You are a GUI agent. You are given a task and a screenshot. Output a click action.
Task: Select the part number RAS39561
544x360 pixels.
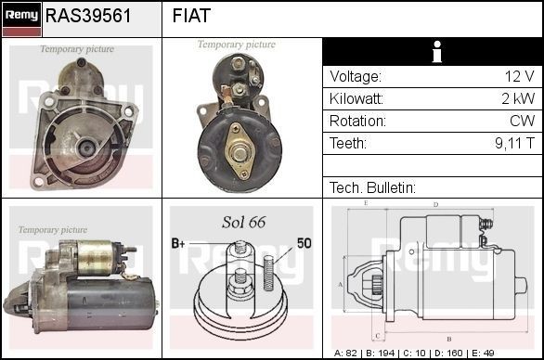[x=88, y=16]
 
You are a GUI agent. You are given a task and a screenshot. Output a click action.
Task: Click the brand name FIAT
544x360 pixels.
[x=191, y=16]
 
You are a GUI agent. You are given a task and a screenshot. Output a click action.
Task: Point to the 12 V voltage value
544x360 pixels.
[x=521, y=77]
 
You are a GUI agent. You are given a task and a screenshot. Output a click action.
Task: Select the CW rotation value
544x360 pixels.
[x=522, y=122]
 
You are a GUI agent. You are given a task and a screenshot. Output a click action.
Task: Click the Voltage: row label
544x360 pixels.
[x=356, y=77]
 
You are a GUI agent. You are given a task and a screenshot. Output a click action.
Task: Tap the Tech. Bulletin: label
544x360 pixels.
[x=372, y=188]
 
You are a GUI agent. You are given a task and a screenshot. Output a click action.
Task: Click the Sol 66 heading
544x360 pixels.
[x=243, y=223]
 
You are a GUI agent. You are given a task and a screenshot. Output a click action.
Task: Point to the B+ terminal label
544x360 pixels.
[x=178, y=243]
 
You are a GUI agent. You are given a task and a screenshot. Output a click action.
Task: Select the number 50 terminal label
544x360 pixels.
[x=303, y=243]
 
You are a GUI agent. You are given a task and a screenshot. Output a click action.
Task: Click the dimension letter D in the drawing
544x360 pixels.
[x=436, y=203]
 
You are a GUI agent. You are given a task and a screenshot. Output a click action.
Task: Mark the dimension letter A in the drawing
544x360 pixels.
[x=341, y=284]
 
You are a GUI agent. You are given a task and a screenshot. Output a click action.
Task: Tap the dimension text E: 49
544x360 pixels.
[x=509, y=354]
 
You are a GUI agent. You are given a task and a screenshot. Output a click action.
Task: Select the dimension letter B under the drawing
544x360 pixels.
[x=448, y=339]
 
